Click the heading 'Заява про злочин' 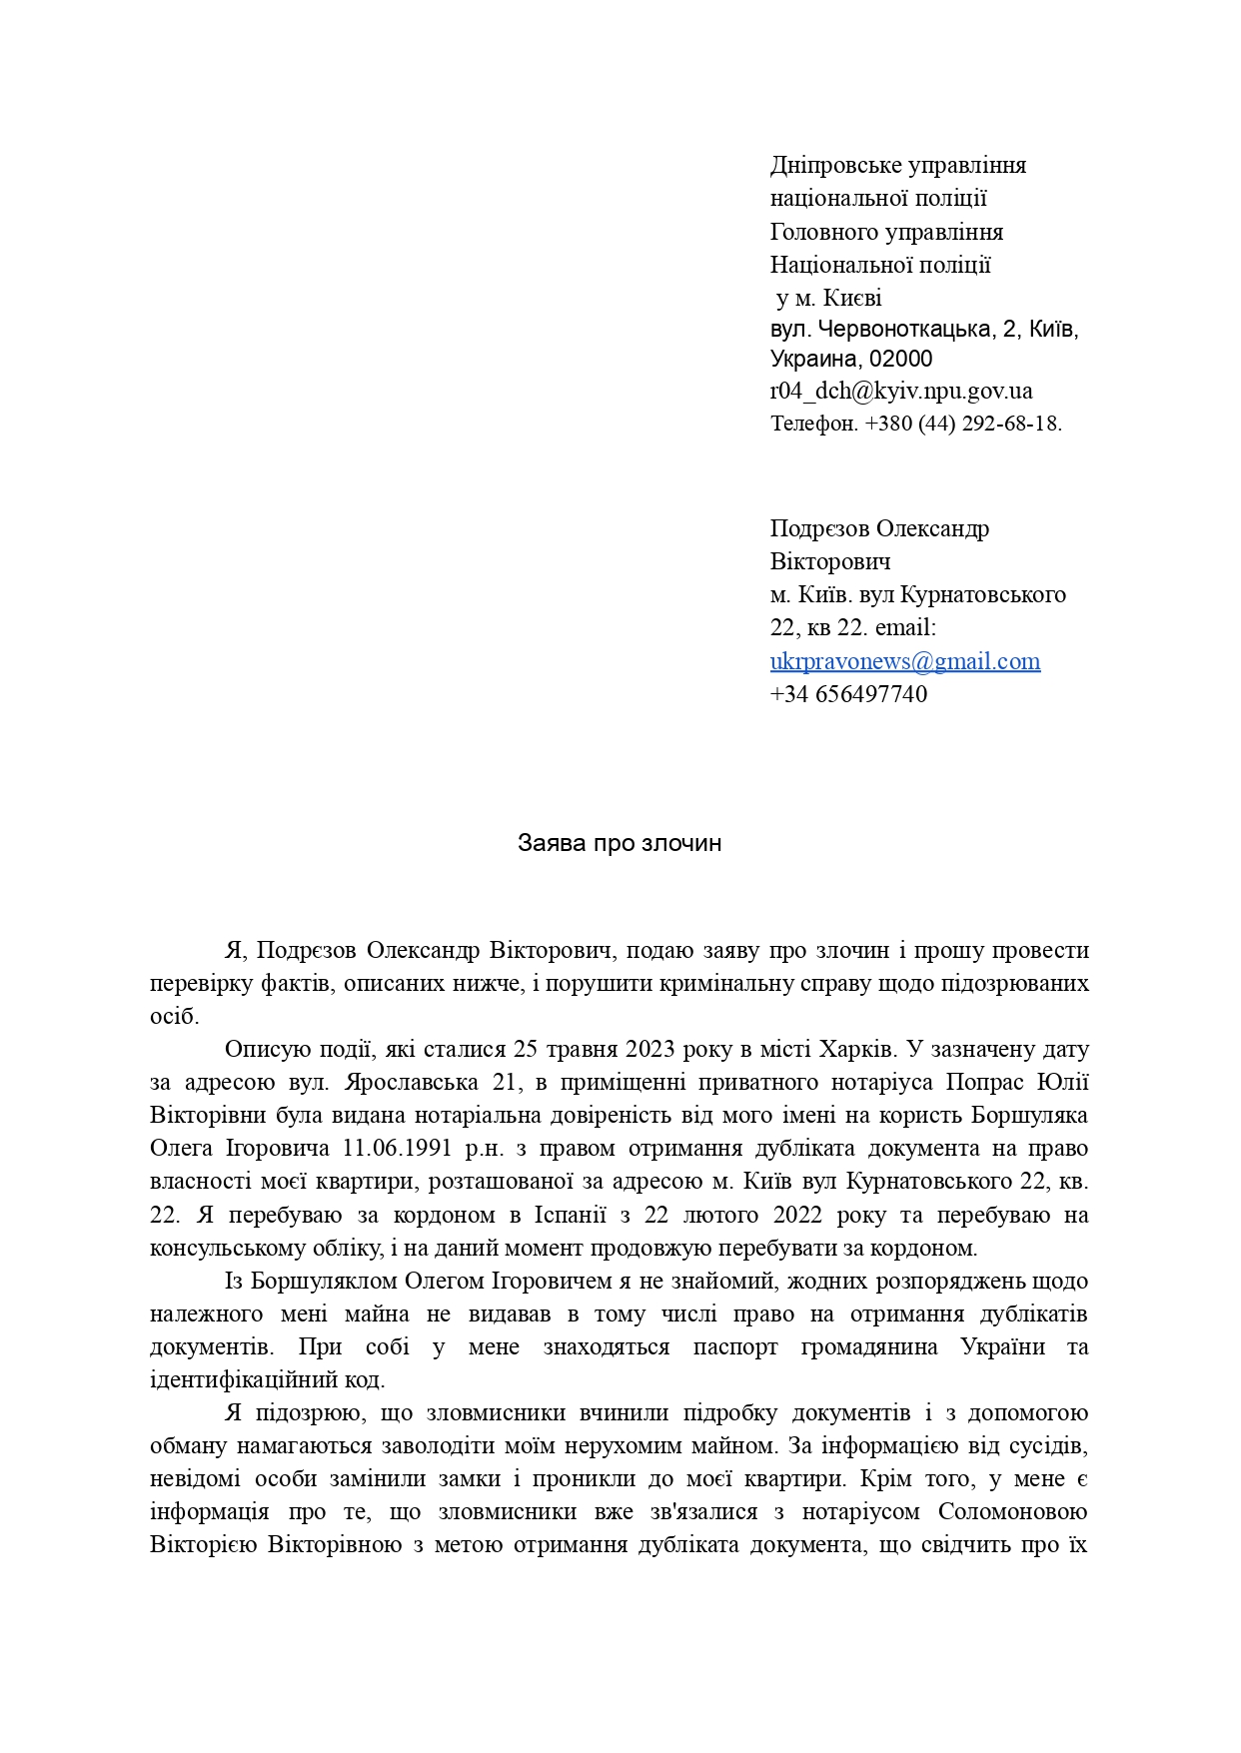(620, 843)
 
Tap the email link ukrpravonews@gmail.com (904, 661)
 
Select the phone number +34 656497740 (848, 694)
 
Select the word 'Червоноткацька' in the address (906, 329)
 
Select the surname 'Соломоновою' (1014, 1511)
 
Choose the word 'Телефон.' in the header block (814, 424)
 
